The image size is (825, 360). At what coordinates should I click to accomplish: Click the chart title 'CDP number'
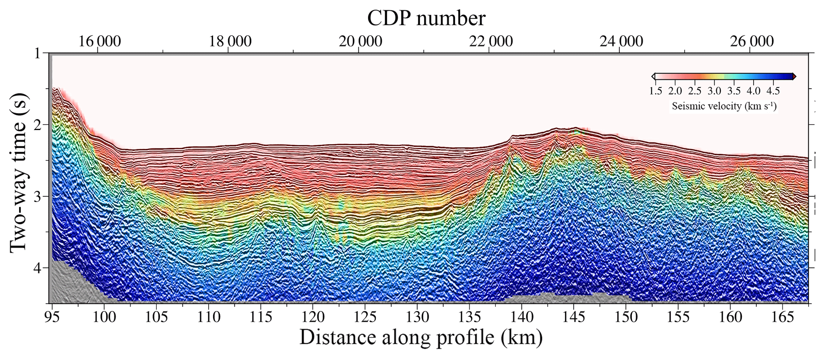point(426,18)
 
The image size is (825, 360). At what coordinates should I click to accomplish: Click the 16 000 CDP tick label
point(99,42)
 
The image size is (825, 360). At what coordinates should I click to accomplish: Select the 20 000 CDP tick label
point(360,42)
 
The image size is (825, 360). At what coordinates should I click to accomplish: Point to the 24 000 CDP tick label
point(621,42)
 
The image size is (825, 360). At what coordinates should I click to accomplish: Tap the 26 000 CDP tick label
point(752,42)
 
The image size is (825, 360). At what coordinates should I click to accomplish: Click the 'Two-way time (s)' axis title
point(19,172)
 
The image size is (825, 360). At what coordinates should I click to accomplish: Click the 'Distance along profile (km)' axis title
point(421,337)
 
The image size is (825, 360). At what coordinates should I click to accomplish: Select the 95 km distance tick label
point(52,317)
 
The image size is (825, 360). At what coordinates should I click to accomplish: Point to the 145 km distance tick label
point(574,317)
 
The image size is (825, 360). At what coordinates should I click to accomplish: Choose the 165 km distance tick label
point(782,317)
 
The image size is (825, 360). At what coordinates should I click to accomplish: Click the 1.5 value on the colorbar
point(656,91)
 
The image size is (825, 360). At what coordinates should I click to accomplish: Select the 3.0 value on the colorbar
point(714,91)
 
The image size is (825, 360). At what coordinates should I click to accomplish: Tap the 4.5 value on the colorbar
point(773,91)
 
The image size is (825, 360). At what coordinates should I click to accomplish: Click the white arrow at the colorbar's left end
point(653,76)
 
